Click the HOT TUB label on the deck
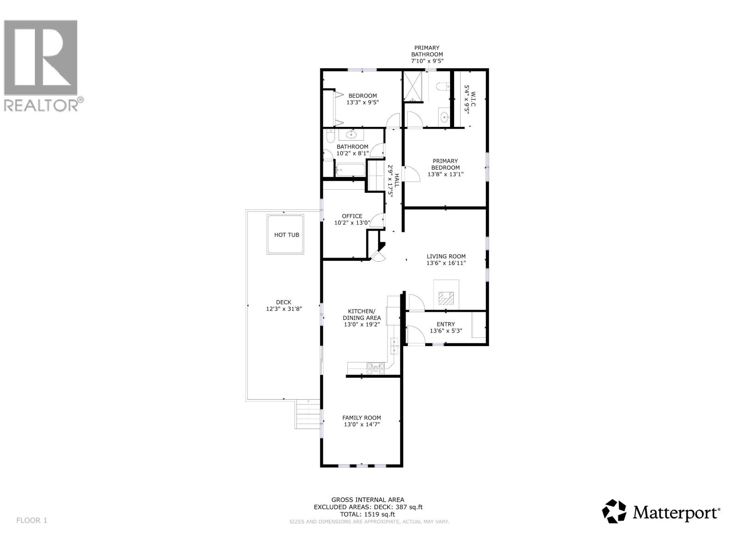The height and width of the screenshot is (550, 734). (x=286, y=235)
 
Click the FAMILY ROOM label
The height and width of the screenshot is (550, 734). (x=361, y=418)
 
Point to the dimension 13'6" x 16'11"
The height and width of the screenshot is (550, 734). (x=446, y=263)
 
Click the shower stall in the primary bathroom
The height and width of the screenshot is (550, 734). (x=415, y=86)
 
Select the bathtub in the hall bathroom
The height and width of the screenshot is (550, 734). (x=350, y=170)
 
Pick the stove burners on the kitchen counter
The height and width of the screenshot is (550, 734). (x=376, y=366)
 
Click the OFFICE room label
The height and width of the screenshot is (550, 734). (x=352, y=216)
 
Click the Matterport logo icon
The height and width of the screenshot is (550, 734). (x=614, y=511)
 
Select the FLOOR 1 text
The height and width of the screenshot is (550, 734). (x=32, y=520)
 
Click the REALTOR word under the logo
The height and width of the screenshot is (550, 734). (x=41, y=105)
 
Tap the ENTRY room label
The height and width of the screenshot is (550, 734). (x=445, y=324)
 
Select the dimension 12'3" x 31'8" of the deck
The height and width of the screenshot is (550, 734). (x=284, y=309)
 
